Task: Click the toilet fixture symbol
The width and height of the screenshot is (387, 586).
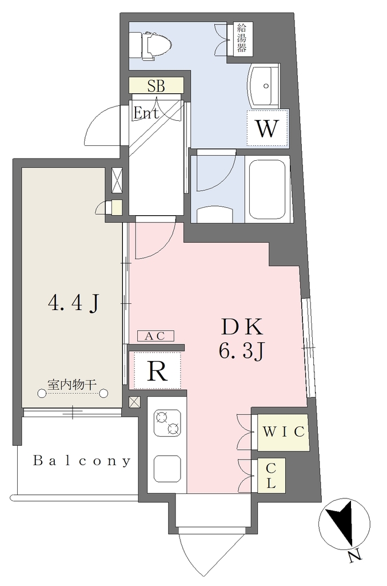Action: [x=150, y=45]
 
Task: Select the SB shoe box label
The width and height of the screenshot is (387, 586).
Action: [x=156, y=86]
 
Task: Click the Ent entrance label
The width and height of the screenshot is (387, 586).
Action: [x=146, y=113]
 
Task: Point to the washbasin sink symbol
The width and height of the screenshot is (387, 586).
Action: [x=264, y=86]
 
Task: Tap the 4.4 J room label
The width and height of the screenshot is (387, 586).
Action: [x=74, y=303]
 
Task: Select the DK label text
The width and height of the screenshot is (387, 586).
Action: [x=242, y=328]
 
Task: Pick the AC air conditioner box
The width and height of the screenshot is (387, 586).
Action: [x=155, y=336]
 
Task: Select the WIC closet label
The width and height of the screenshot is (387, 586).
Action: [x=284, y=431]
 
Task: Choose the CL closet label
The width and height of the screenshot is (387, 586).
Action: [x=271, y=476]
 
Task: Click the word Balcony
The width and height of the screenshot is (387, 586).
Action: [x=82, y=461]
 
